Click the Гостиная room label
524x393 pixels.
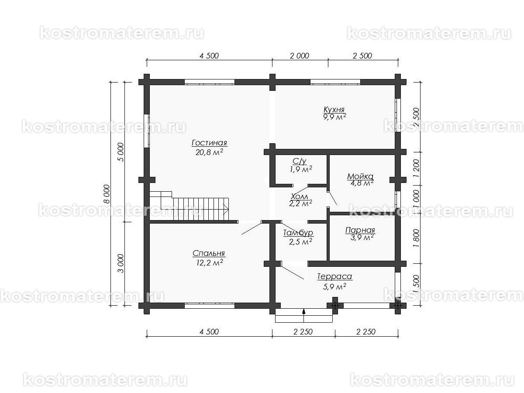(209, 143)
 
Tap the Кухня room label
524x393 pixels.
(334, 110)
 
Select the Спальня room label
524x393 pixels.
(209, 253)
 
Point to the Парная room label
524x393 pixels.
(360, 230)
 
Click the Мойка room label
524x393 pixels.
(360, 176)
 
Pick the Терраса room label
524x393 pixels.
(334, 276)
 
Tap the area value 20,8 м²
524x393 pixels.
(209, 152)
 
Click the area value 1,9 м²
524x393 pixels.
(301, 169)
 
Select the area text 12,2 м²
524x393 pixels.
(210, 262)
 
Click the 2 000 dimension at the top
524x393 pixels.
(300, 56)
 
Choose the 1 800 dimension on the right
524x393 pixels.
(416, 238)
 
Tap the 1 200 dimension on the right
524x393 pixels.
(416, 168)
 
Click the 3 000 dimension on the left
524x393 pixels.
(121, 263)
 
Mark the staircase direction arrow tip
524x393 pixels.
(228, 210)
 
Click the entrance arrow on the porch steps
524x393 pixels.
(303, 311)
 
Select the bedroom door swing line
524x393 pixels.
(252, 228)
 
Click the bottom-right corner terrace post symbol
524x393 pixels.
(398, 305)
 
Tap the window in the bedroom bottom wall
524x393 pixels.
(209, 306)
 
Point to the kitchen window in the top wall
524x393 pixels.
(335, 82)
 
